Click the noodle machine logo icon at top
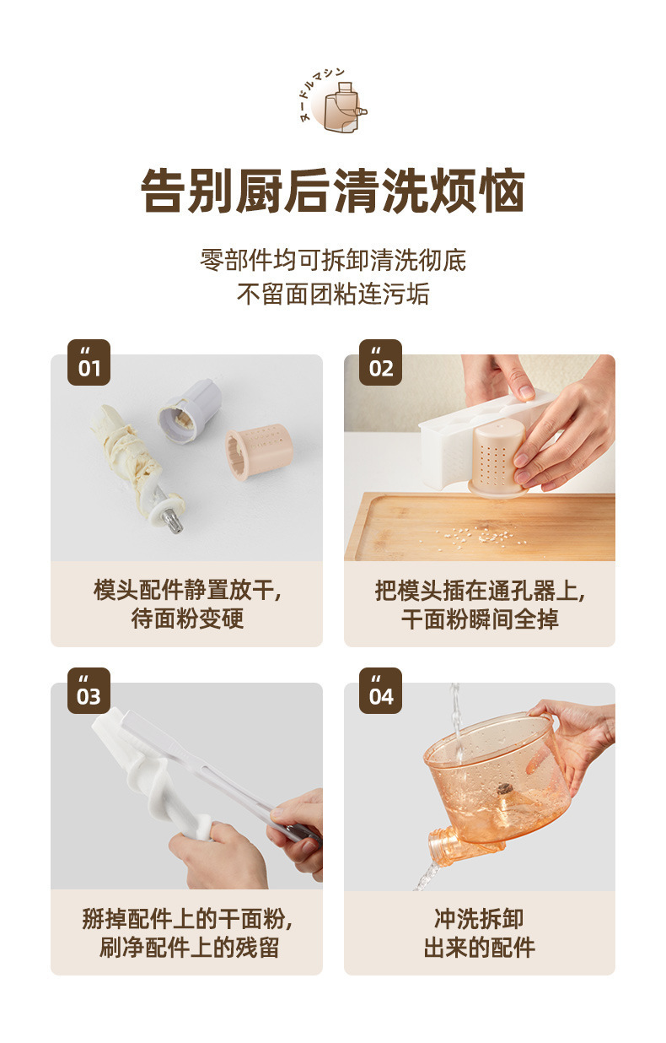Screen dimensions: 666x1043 (333, 101)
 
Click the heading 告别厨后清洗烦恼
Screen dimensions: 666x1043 (333, 191)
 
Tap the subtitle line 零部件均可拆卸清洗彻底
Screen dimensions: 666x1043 (333, 260)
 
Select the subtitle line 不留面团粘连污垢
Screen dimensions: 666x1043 (333, 294)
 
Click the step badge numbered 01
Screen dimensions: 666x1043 (89, 362)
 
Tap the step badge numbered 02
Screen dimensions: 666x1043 (380, 362)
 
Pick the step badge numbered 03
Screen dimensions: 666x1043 (89, 690)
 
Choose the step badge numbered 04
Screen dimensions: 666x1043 (380, 690)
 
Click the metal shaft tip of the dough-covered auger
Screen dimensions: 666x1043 (172, 521)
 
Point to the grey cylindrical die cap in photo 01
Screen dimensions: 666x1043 (189, 411)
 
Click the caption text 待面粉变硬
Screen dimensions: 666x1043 (187, 619)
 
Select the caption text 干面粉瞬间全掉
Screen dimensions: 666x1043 (480, 619)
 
